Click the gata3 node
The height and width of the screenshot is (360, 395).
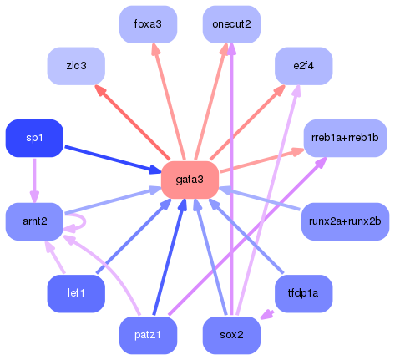click(190, 180)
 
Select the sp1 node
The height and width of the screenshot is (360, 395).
click(34, 138)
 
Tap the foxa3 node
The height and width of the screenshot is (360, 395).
click(148, 23)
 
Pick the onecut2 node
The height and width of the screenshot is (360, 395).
click(231, 23)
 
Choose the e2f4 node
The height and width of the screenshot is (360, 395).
click(303, 64)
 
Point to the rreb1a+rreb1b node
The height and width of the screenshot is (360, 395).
click(345, 138)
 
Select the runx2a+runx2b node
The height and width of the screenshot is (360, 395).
click(344, 221)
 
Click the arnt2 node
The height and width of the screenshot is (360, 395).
click(34, 221)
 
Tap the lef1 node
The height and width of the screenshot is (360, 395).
click(76, 293)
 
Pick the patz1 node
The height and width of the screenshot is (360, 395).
click(148, 335)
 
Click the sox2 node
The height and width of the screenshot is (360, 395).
click(231, 335)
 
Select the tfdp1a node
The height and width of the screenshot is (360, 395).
click(303, 293)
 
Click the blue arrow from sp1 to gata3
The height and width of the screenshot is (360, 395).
click(109, 158)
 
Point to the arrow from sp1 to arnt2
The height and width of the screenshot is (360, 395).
click(34, 180)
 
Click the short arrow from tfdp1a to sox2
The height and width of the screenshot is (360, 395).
click(268, 315)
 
